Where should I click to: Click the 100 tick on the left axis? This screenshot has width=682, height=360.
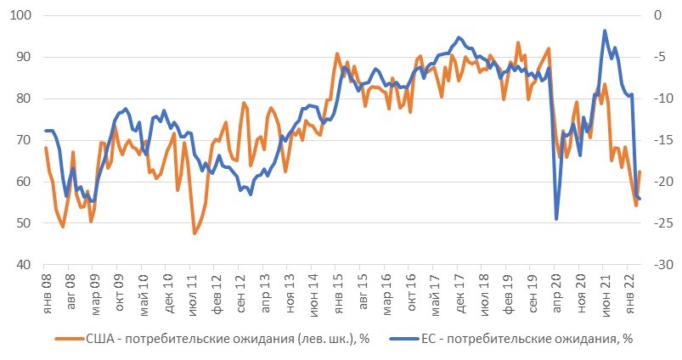(x=20, y=16)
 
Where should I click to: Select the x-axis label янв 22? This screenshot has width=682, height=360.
(x=629, y=289)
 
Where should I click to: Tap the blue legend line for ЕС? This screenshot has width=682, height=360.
(x=403, y=338)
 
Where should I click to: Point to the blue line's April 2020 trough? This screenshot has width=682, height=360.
(x=556, y=219)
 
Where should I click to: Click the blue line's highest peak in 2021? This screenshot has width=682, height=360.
(x=605, y=31)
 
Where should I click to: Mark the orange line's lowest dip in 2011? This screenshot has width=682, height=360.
(x=194, y=233)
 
